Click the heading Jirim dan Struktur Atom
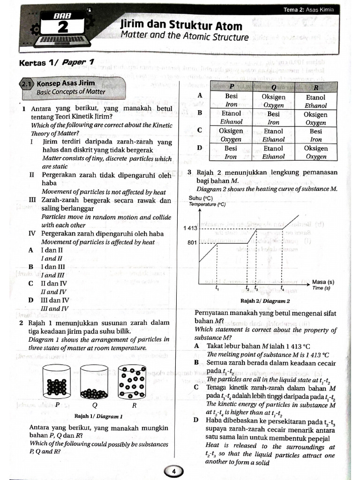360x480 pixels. pyautogui.click(x=181, y=25)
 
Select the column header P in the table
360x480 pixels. pyautogui.click(x=231, y=87)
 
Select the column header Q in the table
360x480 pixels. pyautogui.click(x=273, y=87)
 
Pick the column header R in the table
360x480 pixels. pyautogui.click(x=316, y=87)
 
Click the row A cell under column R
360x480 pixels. pyautogui.click(x=316, y=101)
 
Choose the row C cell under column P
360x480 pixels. pyautogui.click(x=231, y=135)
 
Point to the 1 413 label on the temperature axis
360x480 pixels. pyautogui.click(x=190, y=228)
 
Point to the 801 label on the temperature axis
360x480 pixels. pyautogui.click(x=193, y=243)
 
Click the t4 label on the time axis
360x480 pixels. pyautogui.click(x=282, y=288)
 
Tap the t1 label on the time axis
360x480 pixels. pyautogui.click(x=217, y=288)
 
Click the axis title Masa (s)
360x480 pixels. pyautogui.click(x=323, y=282)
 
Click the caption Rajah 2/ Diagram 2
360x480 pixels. pyautogui.click(x=265, y=301)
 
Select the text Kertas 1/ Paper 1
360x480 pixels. pyautogui.click(x=56, y=62)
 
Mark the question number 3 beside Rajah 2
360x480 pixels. pyautogui.click(x=189, y=172)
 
